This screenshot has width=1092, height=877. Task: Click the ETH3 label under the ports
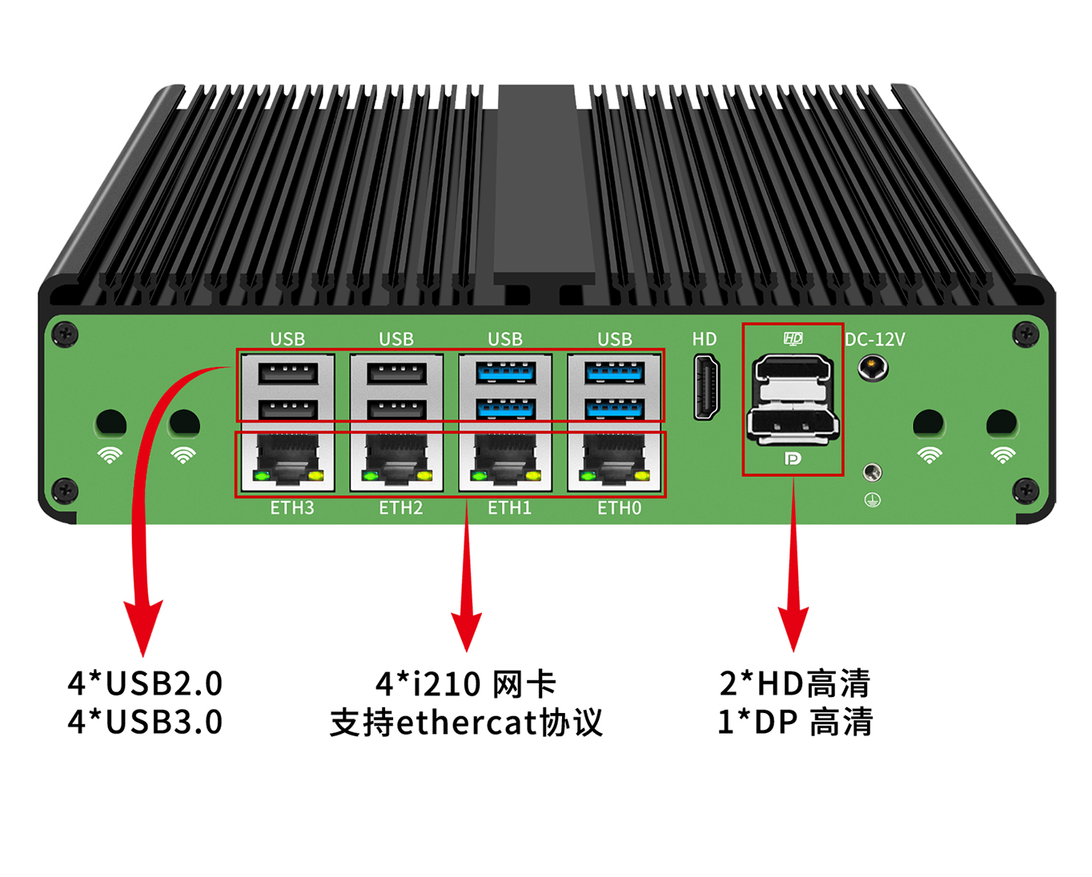[291, 508]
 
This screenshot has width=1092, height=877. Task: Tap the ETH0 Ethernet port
[615, 463]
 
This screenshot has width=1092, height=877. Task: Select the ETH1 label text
[509, 508]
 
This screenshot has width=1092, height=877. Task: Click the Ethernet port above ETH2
[396, 463]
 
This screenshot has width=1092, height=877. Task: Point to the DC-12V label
[874, 339]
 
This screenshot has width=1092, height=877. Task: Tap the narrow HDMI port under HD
[706, 387]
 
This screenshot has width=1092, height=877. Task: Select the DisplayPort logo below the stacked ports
[792, 459]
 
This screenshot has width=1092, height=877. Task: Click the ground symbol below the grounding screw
[873, 500]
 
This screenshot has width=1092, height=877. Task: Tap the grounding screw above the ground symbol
[873, 473]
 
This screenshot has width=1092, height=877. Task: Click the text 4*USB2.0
[145, 683]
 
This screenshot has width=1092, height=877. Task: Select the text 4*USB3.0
[145, 722]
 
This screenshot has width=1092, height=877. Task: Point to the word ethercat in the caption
[465, 723]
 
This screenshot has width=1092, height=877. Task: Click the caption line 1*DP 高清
[795, 722]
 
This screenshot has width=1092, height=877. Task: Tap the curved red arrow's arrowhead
[143, 627]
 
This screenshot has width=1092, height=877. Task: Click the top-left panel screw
[66, 334]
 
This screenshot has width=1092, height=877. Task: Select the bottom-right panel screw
[1026, 490]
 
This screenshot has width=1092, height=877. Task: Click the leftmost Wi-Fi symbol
[110, 455]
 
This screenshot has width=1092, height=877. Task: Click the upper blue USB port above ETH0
[615, 373]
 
